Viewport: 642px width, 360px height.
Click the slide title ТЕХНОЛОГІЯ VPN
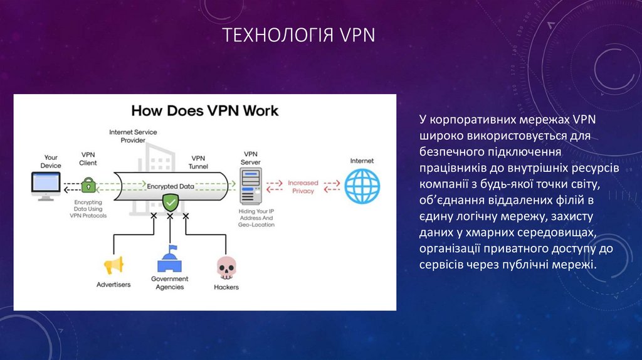pyautogui.click(x=300, y=34)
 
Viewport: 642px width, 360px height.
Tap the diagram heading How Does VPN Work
pyautogui.click(x=204, y=111)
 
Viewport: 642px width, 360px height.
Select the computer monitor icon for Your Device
pyautogui.click(x=46, y=186)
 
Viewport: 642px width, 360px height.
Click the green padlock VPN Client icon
pyautogui.click(x=88, y=184)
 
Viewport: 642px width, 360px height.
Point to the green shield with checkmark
pyautogui.click(x=170, y=202)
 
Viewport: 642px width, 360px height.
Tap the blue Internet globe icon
pyautogui.click(x=362, y=186)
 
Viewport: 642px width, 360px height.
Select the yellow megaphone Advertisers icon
pyautogui.click(x=113, y=266)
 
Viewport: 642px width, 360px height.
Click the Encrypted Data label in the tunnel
pyautogui.click(x=171, y=186)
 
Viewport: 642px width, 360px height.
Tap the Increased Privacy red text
pyautogui.click(x=303, y=186)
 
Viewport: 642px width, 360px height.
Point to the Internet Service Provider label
pyautogui.click(x=133, y=136)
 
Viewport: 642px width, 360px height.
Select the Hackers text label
pyautogui.click(x=226, y=287)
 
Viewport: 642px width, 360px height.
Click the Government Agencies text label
pyautogui.click(x=169, y=283)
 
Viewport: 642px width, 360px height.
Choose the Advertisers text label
pyautogui.click(x=113, y=285)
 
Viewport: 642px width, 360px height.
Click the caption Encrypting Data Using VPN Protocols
pyautogui.click(x=88, y=209)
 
